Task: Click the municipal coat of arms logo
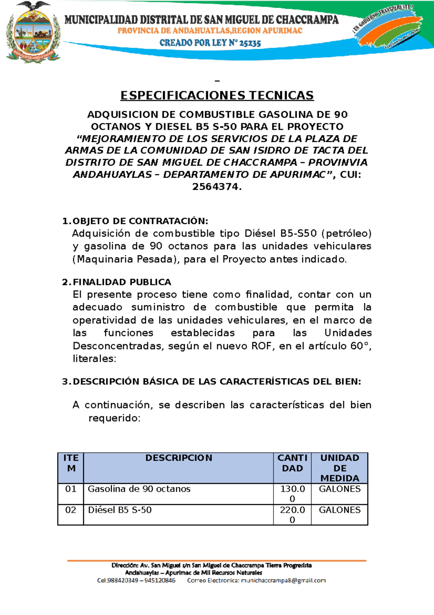click(x=33, y=33)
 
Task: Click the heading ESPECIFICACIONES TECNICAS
click(x=217, y=95)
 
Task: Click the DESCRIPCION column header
click(x=179, y=458)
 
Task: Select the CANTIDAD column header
click(x=292, y=463)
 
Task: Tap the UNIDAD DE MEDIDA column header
click(x=340, y=468)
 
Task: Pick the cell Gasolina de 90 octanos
click(x=139, y=489)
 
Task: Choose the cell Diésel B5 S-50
click(x=120, y=510)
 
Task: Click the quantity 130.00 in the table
click(x=292, y=493)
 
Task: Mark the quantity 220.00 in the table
click(x=292, y=514)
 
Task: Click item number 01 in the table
click(x=71, y=489)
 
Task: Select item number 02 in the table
click(x=71, y=510)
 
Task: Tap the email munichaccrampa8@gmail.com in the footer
click(x=283, y=580)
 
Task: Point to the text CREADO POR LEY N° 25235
click(x=210, y=43)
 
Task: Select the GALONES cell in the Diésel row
click(x=340, y=510)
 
